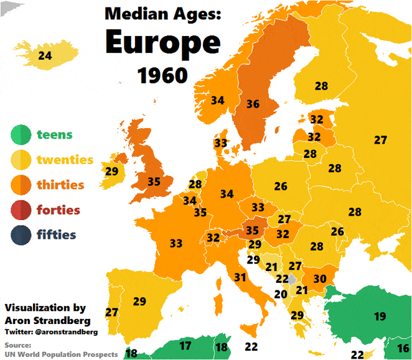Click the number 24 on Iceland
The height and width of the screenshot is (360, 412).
tap(45, 56)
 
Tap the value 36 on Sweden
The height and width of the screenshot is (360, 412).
tap(253, 104)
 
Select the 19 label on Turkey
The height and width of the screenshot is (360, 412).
tap(380, 316)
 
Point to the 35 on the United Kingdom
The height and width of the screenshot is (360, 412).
tap(154, 182)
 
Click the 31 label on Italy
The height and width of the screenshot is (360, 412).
tap(241, 277)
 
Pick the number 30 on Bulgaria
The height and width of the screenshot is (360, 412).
tap(320, 279)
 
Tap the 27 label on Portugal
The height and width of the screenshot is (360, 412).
tap(112, 312)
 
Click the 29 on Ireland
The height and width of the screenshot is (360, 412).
tap(111, 171)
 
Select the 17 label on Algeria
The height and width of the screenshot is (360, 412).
tap(185, 346)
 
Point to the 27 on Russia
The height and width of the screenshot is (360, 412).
tap(380, 141)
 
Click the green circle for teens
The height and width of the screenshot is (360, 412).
tap(21, 134)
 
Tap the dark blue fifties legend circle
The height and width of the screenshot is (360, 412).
tap(21, 235)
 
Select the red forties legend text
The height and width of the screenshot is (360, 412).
tap(58, 210)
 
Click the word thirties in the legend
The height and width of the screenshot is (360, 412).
tap(60, 185)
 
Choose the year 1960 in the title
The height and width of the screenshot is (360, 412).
tap(162, 75)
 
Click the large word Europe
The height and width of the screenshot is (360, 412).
tap(162, 42)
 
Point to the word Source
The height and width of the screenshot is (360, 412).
tap(17, 345)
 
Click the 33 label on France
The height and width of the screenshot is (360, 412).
tap(176, 242)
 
